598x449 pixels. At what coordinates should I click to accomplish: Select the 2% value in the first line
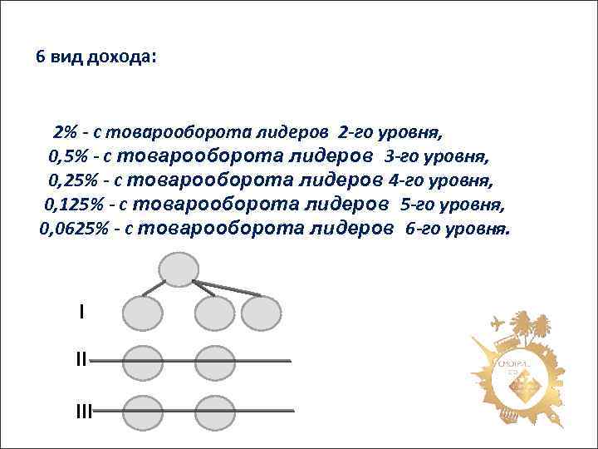pyautogui.click(x=65, y=132)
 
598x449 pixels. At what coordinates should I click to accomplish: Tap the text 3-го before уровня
pyautogui.click(x=402, y=155)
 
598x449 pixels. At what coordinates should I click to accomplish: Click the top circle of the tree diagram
pyautogui.click(x=179, y=269)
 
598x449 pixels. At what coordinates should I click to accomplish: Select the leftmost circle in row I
pyautogui.click(x=143, y=313)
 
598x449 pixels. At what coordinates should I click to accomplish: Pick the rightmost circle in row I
pyautogui.click(x=262, y=313)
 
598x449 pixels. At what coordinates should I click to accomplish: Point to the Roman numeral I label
pyautogui.click(x=81, y=312)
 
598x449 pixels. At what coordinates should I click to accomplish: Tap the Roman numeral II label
pyautogui.click(x=81, y=360)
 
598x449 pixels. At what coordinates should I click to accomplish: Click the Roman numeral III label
pyautogui.click(x=82, y=410)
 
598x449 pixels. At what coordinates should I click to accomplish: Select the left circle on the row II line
pyautogui.click(x=143, y=362)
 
